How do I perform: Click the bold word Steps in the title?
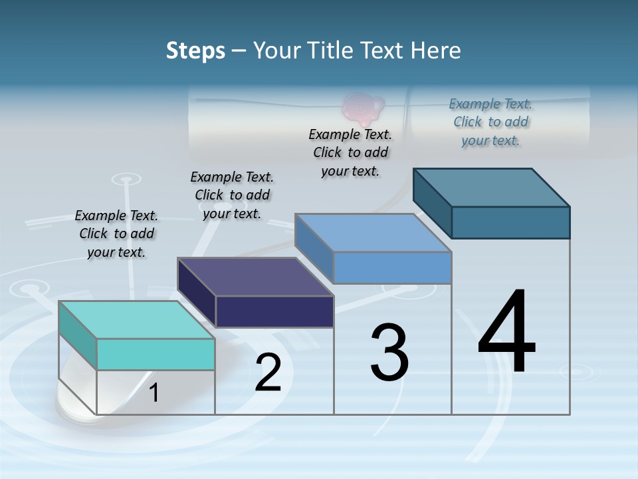(x=195, y=51)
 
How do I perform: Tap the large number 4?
(x=506, y=333)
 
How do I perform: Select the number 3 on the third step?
(x=389, y=353)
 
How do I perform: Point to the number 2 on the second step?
(x=268, y=373)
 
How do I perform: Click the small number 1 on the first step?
(x=154, y=393)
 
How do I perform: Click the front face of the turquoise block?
(x=156, y=354)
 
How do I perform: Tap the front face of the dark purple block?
(x=274, y=311)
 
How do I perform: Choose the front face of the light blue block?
(x=392, y=267)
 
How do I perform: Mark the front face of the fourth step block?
(x=510, y=222)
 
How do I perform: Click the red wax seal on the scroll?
(x=362, y=109)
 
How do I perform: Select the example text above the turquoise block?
(x=116, y=234)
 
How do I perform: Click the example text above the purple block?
(x=232, y=195)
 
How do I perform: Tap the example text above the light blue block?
(x=350, y=152)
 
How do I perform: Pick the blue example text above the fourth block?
(x=490, y=122)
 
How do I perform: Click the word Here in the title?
(x=437, y=51)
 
